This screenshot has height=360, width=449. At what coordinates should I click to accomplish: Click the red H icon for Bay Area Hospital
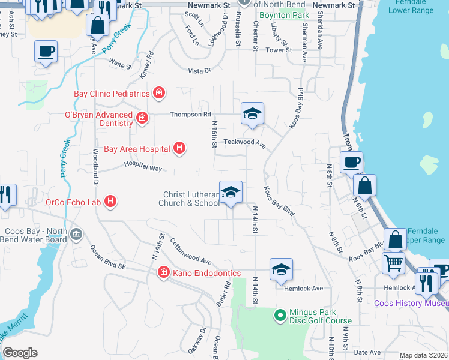(x=179, y=148)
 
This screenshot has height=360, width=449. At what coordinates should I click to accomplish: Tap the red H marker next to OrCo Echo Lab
(x=110, y=202)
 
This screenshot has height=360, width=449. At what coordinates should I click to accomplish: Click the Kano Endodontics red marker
(x=163, y=273)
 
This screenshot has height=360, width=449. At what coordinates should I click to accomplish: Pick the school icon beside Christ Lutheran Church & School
(x=231, y=193)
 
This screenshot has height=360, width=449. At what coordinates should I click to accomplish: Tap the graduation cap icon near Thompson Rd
(x=253, y=113)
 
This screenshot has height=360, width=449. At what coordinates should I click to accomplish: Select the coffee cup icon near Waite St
(x=46, y=52)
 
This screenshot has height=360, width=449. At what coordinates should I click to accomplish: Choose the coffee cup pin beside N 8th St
(x=351, y=162)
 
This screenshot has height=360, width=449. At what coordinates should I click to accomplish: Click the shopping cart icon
(x=393, y=262)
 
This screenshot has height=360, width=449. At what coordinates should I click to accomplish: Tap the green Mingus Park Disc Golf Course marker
(x=280, y=314)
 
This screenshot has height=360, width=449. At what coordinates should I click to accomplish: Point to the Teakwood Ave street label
(x=244, y=143)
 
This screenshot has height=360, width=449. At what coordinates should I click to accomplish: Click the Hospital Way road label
(x=143, y=166)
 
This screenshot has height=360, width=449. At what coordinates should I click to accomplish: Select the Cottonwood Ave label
(x=191, y=252)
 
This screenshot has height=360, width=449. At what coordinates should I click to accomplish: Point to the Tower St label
(x=279, y=50)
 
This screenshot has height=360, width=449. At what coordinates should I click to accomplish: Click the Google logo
(x=20, y=352)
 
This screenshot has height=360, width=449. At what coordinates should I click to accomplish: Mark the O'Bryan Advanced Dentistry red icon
(x=142, y=118)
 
